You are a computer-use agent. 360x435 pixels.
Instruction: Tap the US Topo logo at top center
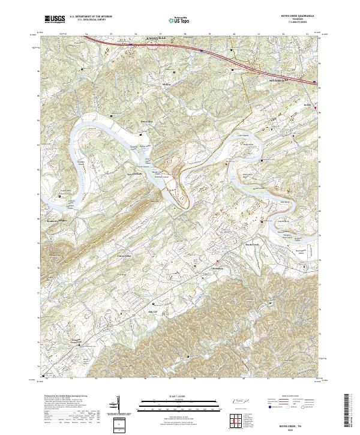[x=180, y=19]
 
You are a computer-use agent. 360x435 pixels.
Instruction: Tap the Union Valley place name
[x=124, y=256]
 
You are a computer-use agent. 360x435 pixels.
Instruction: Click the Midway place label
[x=167, y=85]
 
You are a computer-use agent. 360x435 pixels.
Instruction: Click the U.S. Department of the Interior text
[x=91, y=17]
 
